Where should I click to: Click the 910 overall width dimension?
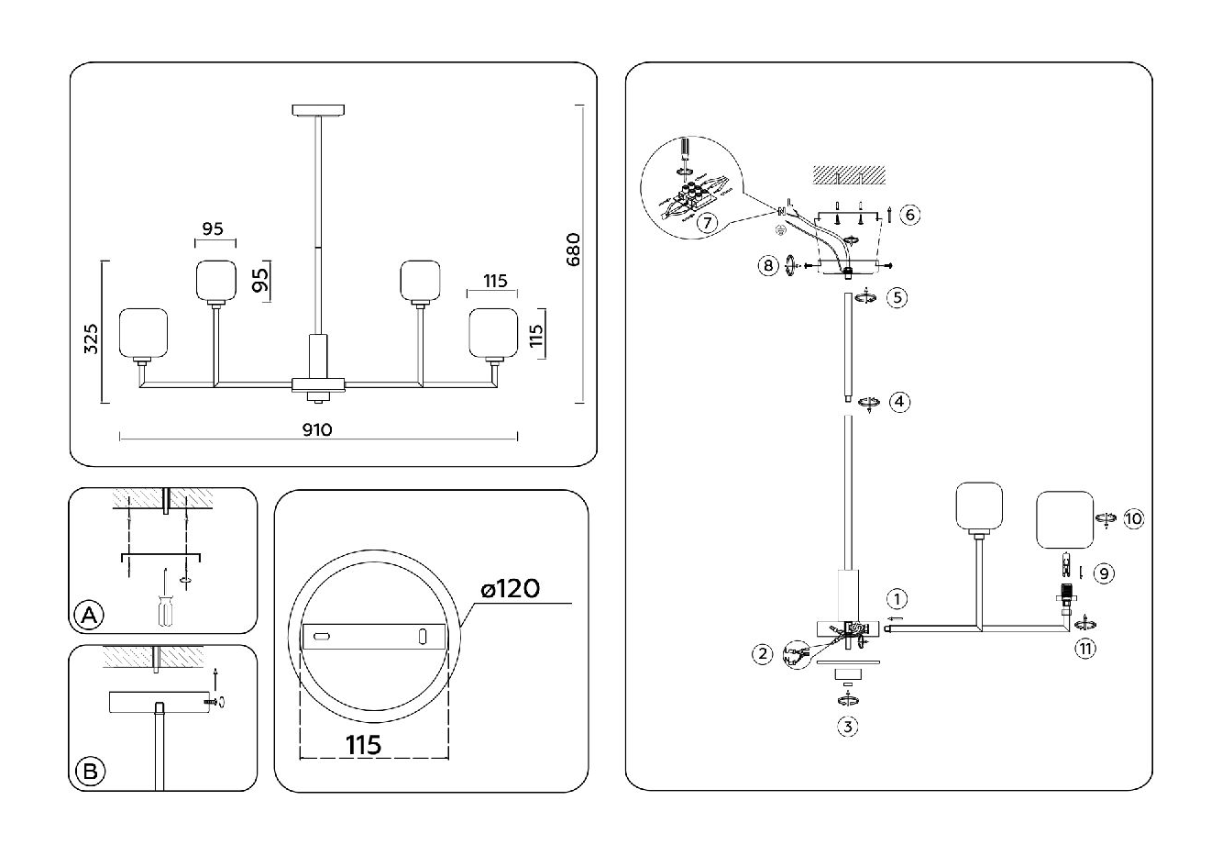317,429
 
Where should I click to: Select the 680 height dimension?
573,250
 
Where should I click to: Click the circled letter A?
88,616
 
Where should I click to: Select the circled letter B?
89,771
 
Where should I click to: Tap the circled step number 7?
705,223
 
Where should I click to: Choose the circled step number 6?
909,215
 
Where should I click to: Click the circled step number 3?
848,727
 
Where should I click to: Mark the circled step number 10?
1133,518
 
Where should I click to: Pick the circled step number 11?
1084,648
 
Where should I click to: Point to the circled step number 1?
897,600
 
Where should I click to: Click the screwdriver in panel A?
164,600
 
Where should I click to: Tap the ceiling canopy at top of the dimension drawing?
318,109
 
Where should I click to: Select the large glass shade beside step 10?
1065,520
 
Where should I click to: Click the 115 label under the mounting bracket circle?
364,744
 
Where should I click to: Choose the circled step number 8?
768,266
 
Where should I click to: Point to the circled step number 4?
900,401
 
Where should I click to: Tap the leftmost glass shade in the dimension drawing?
145,332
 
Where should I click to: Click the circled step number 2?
763,653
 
